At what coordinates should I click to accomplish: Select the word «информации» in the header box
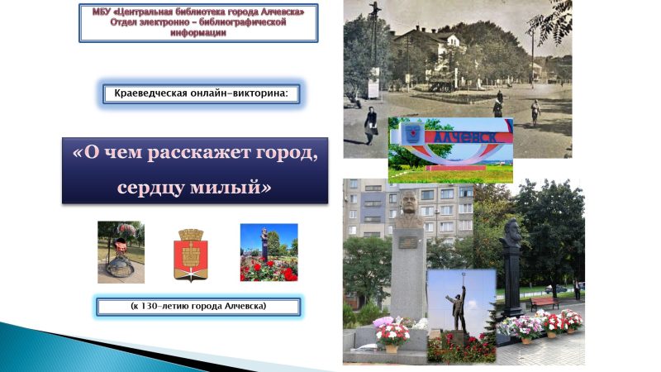(197, 34)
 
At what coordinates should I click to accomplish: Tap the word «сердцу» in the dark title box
(159, 186)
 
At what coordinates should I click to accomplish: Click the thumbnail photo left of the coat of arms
(121, 252)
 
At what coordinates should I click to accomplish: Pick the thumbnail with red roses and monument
(269, 252)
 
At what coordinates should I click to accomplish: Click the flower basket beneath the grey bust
(392, 334)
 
